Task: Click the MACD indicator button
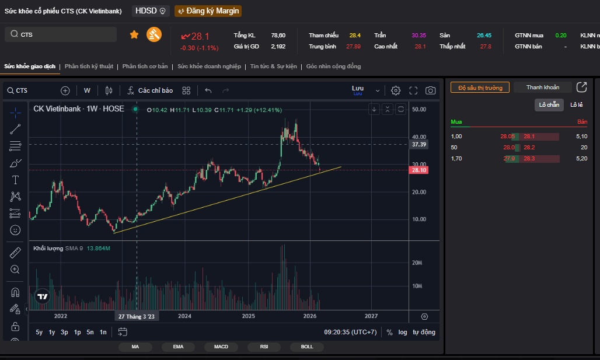tap(221, 347)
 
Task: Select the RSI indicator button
tap(264, 347)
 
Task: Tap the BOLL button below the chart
tap(307, 347)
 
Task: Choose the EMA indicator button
tap(178, 347)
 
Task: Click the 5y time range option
tap(39, 332)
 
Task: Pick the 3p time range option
tap(64, 332)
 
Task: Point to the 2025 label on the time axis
tap(249, 316)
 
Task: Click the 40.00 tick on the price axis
tap(418, 137)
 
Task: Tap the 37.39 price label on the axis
tap(419, 144)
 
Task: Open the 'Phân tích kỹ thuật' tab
tap(89, 67)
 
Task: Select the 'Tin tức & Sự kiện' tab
tap(273, 67)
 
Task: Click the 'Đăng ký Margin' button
tap(208, 11)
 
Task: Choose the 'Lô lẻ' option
tap(577, 104)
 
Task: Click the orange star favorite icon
tap(134, 34)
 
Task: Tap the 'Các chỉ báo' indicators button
tap(150, 90)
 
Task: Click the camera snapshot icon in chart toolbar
tap(431, 90)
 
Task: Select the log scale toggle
tap(403, 332)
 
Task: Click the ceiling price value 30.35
tap(418, 35)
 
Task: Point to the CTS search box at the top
tap(61, 34)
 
